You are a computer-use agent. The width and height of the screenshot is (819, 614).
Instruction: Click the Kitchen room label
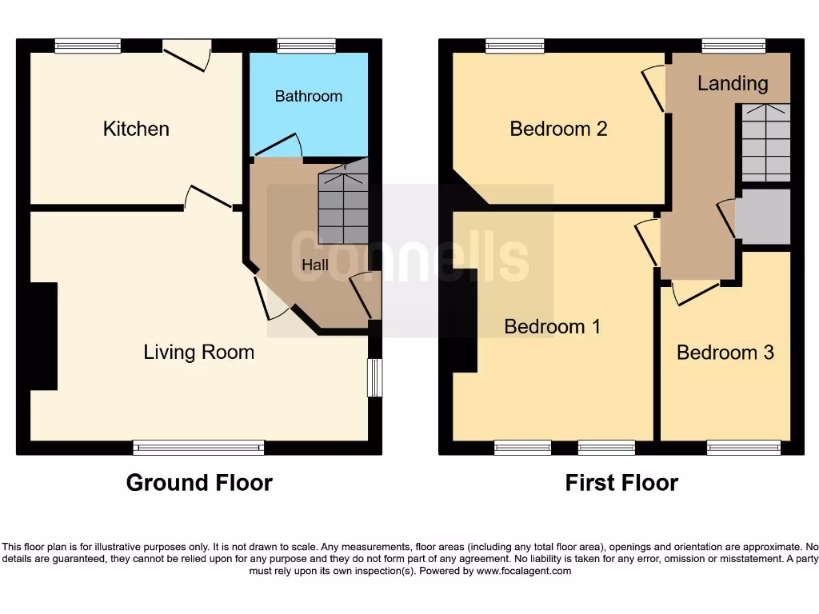(x=136, y=129)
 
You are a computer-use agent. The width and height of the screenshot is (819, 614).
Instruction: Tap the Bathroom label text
(x=308, y=96)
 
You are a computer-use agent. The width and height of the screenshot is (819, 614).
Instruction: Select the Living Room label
(x=198, y=352)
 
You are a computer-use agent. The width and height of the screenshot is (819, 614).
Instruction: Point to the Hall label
(x=314, y=265)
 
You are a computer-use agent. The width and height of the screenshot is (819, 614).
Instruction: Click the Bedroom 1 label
(x=552, y=326)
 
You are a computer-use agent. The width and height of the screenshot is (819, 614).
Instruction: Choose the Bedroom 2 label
(x=558, y=129)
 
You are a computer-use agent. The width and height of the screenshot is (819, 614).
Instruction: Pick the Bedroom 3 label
(x=725, y=353)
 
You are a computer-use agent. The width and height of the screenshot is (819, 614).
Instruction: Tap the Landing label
(x=732, y=83)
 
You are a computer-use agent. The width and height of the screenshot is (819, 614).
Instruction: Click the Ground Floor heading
(x=199, y=483)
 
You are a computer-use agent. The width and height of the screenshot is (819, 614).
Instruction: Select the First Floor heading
(x=621, y=483)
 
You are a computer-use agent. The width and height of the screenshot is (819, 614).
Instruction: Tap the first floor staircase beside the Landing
(x=765, y=142)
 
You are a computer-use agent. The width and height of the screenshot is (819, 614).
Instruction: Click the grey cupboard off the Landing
(x=763, y=217)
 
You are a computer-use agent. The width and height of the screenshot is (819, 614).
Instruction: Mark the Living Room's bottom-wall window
(x=198, y=448)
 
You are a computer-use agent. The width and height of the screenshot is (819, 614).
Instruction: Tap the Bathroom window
(x=306, y=46)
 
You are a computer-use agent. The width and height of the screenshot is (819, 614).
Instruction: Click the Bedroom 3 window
(x=744, y=448)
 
